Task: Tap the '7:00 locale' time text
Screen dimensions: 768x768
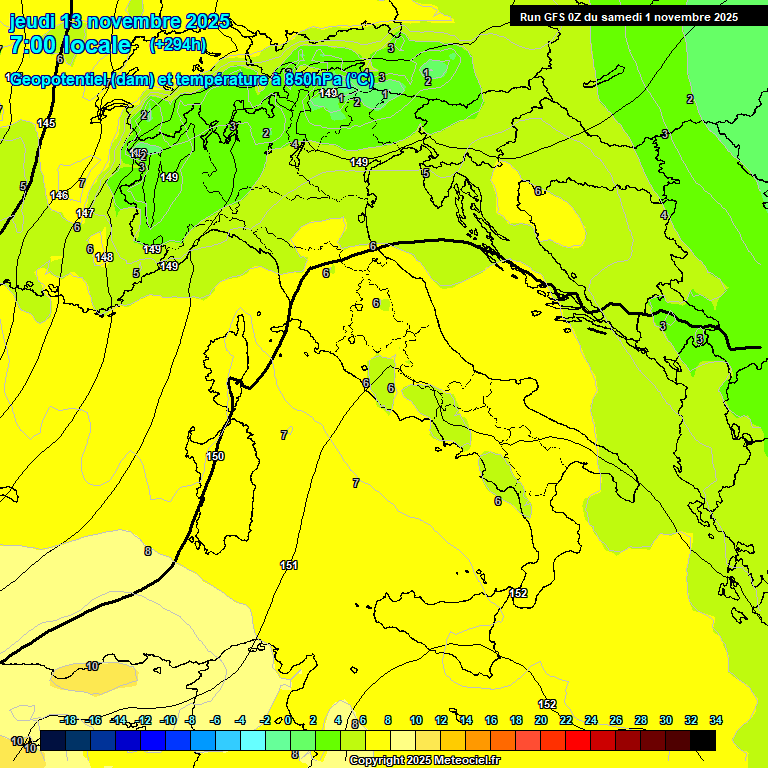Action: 70,45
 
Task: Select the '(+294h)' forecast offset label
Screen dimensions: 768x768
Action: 178,44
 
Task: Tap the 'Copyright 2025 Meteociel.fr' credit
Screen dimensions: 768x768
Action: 425,761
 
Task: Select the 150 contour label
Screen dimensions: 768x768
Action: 215,456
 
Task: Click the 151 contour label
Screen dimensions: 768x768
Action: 289,565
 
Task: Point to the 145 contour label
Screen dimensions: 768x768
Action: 46,123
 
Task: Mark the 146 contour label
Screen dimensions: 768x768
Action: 59,195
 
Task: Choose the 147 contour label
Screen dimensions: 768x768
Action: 85,213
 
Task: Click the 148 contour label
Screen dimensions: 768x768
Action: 104,257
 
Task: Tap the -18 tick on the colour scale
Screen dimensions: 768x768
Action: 68,720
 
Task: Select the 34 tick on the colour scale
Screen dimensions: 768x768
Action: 715,720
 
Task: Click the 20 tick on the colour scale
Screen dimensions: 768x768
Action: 541,720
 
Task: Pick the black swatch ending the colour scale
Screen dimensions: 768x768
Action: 703,740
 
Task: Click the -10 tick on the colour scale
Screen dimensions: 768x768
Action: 168,720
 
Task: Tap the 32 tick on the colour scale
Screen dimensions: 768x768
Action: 691,720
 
